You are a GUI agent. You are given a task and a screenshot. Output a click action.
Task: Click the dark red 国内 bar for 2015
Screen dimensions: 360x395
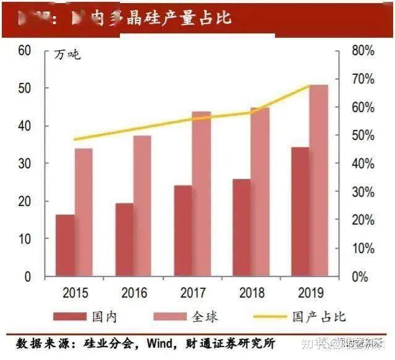(x=65, y=246)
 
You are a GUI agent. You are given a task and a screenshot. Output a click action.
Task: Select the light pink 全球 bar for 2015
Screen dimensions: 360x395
(x=83, y=212)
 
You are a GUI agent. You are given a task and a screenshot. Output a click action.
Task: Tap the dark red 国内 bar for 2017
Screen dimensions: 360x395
(x=184, y=231)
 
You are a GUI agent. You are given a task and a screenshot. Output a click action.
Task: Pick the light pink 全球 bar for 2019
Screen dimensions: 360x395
(x=319, y=181)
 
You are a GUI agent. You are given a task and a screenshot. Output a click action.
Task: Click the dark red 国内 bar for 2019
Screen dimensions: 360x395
(x=300, y=212)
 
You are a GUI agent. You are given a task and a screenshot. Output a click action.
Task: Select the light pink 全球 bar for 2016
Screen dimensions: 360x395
(x=142, y=206)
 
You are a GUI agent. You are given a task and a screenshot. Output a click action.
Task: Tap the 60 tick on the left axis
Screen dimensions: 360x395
(x=24, y=51)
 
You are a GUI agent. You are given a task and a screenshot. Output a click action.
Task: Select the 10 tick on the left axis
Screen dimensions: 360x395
(x=24, y=239)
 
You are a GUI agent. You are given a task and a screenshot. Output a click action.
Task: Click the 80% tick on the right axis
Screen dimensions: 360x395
(x=362, y=51)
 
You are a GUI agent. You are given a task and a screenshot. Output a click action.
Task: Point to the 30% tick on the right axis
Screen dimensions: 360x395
(x=362, y=192)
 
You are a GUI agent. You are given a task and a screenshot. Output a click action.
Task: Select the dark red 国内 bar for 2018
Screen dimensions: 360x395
(x=242, y=228)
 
